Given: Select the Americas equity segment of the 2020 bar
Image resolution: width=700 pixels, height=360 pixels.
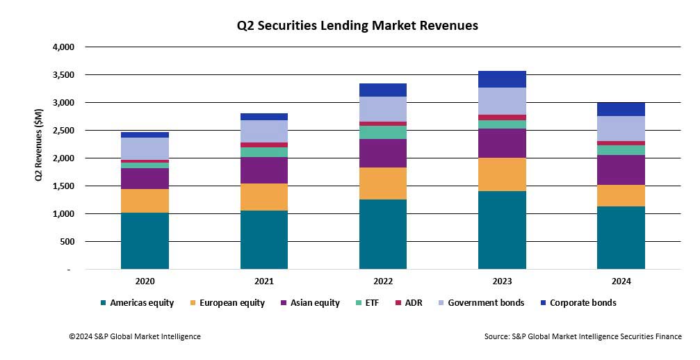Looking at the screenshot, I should click(145, 240).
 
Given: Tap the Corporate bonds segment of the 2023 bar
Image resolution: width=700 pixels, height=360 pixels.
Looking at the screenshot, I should click(502, 79).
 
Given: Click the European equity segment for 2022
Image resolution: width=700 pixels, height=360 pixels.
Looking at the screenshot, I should click(383, 183).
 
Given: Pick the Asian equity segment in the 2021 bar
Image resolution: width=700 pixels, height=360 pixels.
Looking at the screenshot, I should click(263, 170).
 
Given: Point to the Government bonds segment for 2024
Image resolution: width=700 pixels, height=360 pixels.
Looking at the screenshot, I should click(621, 129).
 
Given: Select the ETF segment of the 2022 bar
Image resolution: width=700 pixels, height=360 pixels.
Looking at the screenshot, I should click(383, 132).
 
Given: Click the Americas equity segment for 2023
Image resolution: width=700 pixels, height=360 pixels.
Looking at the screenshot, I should click(502, 230).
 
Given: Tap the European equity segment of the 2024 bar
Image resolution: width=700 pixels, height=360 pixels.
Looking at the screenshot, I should click(621, 195).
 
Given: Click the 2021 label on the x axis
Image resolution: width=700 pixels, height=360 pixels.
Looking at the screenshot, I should click(263, 281).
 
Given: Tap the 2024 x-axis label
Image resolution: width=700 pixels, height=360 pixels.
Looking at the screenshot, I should click(621, 281).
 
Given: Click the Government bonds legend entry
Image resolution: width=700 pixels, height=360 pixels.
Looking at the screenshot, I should click(485, 303).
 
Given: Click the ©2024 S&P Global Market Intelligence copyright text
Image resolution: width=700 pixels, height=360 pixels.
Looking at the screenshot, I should click(134, 336).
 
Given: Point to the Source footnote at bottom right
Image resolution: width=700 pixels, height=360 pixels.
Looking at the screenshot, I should click(583, 336).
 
